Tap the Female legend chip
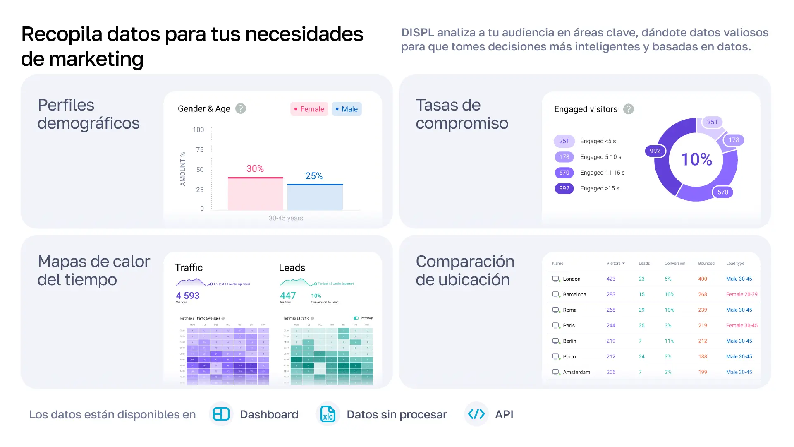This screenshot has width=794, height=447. pos(309,109)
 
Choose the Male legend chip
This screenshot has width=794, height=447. pos(347,109)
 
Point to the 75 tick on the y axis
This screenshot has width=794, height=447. pos(200,150)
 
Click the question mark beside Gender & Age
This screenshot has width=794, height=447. pos(240,109)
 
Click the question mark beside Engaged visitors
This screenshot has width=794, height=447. pos(628,109)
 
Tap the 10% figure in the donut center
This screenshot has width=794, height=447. pos(696,160)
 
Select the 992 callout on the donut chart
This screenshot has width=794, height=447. pos(655,151)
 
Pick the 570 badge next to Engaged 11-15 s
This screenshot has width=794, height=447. pos(564,173)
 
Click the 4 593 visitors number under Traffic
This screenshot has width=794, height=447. pos(188,296)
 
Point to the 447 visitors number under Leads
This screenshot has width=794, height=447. pos(288,296)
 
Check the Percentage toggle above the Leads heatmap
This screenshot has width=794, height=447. pos(356,318)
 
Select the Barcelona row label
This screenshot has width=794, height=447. pos(574,295)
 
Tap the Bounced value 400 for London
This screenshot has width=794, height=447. pos(703,279)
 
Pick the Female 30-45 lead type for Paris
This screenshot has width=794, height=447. pos(742,326)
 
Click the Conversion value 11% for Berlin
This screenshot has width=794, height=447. pos(669,341)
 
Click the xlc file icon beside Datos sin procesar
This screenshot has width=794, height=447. pos(328,414)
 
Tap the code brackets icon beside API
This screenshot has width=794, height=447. pos(476,414)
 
